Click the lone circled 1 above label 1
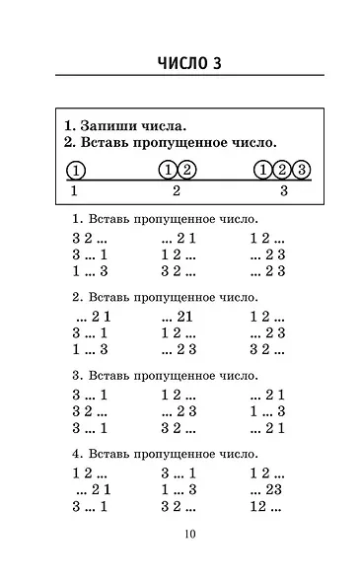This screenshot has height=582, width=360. (76, 170)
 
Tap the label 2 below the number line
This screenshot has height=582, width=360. (177, 191)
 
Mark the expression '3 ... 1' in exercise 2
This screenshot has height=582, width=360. (91, 332)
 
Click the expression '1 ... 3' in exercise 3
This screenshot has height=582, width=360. (266, 411)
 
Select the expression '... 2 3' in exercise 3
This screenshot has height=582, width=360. (179, 411)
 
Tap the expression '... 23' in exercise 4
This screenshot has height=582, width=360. (266, 490)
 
